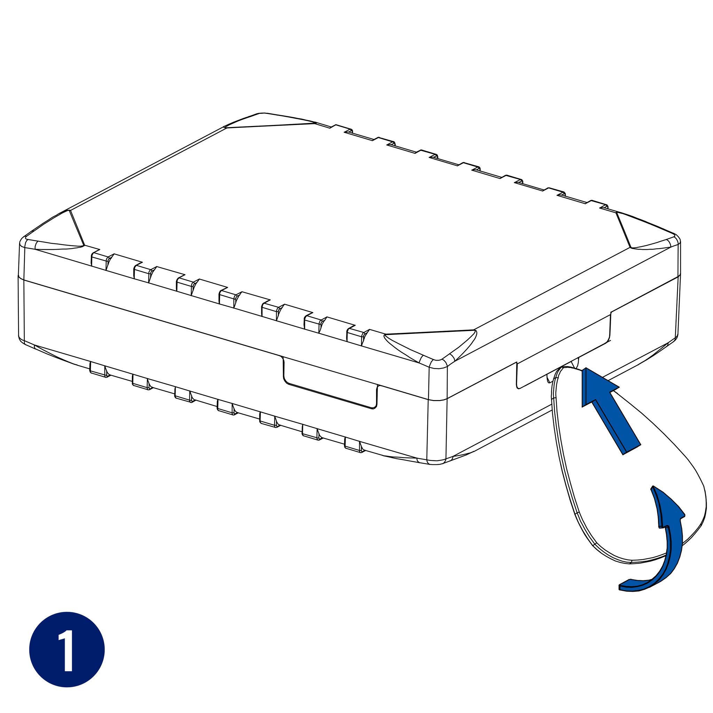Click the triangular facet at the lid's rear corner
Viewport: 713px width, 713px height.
click(269, 120)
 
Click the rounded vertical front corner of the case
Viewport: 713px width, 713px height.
click(437, 412)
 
